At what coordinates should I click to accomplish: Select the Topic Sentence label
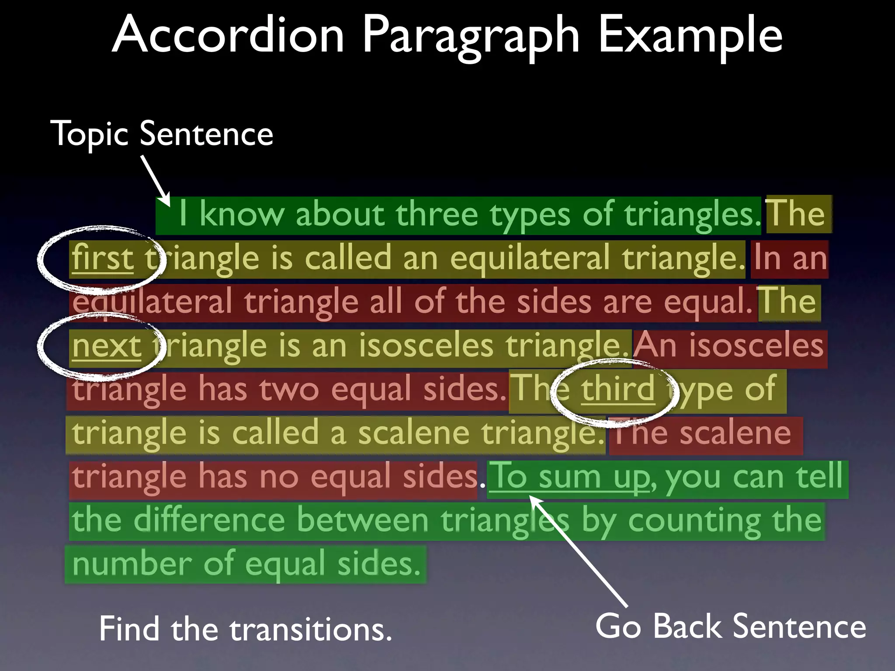(162, 134)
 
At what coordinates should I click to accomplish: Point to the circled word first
(103, 258)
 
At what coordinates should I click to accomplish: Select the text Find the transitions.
(245, 629)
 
